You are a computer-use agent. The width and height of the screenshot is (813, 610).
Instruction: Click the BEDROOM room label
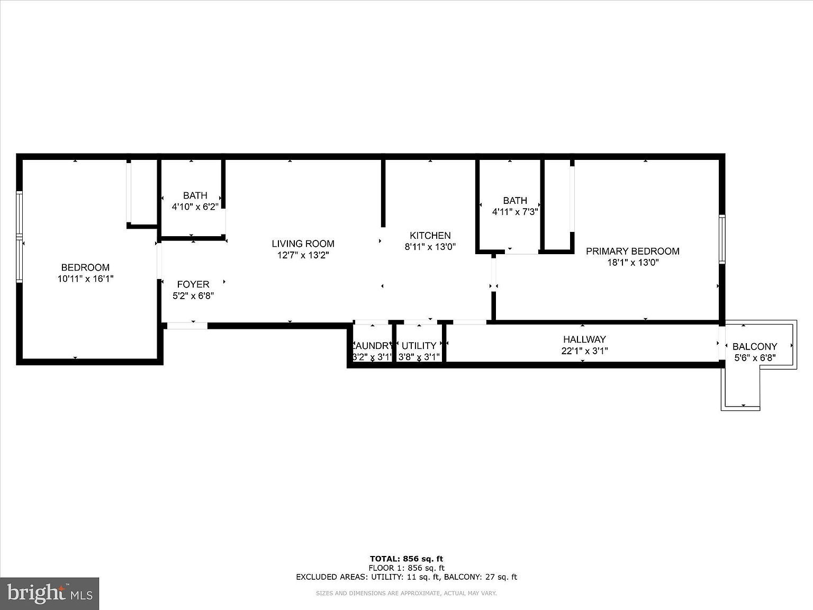(85, 267)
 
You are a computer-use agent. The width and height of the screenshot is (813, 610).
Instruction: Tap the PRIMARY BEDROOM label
(633, 251)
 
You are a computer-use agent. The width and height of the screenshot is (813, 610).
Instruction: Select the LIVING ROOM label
(303, 244)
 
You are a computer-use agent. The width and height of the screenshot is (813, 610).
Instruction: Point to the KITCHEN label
(430, 236)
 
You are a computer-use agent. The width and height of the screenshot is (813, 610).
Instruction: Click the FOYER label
(193, 284)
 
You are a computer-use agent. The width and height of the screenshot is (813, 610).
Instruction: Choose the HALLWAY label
(584, 339)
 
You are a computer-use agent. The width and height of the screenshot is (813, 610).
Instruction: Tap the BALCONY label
(755, 347)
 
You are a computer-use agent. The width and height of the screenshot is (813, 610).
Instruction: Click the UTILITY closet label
(419, 346)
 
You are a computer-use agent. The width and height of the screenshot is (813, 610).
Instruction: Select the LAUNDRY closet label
(373, 346)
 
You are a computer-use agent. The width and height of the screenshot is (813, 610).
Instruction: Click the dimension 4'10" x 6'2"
(195, 207)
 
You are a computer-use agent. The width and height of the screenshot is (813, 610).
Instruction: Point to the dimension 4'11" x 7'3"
(515, 212)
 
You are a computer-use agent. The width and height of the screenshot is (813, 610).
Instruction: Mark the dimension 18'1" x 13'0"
(633, 263)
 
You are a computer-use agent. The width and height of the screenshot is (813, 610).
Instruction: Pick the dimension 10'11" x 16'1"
(85, 279)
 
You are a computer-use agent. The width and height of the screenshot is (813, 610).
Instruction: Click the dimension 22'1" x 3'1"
(584, 351)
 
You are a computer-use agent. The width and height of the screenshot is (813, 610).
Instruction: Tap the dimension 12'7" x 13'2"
(303, 255)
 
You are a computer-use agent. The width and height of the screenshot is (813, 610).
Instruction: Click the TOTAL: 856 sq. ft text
(406, 559)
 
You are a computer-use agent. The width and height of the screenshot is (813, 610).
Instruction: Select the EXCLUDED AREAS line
(406, 577)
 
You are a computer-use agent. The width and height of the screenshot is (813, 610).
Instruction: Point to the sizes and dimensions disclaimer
(406, 594)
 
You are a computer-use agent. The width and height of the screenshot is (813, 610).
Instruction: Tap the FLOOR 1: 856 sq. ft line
(406, 568)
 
